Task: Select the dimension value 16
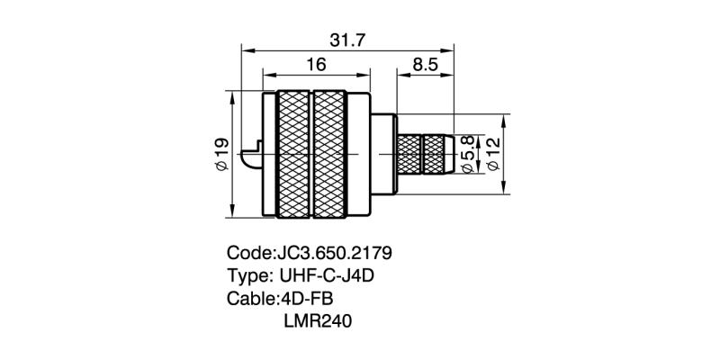pos(316,65)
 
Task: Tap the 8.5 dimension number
pos(426,65)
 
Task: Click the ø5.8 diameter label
pos(467,154)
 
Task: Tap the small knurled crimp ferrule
pos(424,155)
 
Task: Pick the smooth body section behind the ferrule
pos(382,155)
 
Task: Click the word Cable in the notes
pos(249,298)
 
